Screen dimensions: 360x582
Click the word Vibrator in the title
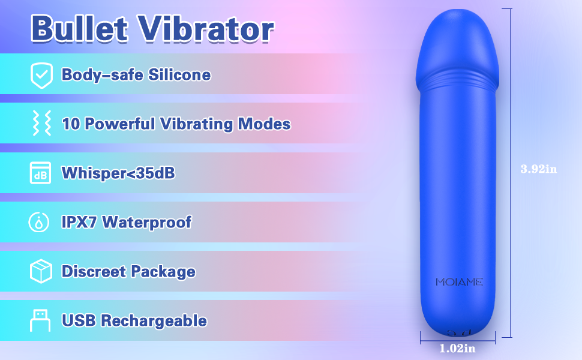click(206, 28)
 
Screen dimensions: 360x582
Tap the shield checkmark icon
click(41, 74)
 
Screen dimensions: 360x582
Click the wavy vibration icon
click(40, 124)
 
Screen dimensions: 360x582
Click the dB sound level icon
click(40, 173)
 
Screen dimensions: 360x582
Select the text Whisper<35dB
click(118, 173)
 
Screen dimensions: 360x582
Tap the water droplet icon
click(40, 223)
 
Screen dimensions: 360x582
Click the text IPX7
click(79, 223)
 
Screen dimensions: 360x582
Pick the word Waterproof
click(147, 223)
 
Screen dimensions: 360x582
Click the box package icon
click(40, 272)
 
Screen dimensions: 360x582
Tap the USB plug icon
click(40, 320)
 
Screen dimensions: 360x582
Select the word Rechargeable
click(154, 321)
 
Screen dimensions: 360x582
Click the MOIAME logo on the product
click(459, 282)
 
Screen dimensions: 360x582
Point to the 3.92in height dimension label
click(538, 169)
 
